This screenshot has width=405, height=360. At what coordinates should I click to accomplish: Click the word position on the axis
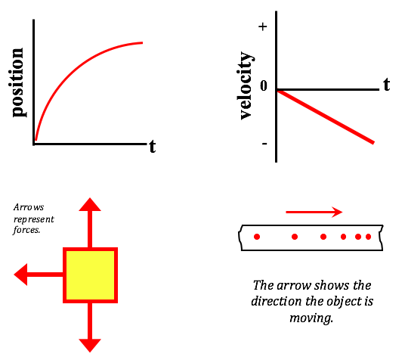pyautogui.click(x=19, y=82)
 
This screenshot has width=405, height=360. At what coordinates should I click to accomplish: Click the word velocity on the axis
pyautogui.click(x=246, y=85)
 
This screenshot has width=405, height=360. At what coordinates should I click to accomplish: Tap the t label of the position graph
pyautogui.click(x=153, y=147)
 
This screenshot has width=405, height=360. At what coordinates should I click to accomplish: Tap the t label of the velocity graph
pyautogui.click(x=386, y=84)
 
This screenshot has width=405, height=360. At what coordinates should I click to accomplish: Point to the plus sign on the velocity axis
pyautogui.click(x=263, y=26)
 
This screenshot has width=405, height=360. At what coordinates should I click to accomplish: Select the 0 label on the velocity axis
pyautogui.click(x=264, y=85)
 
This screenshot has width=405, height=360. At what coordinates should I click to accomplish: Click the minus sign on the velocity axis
pyautogui.click(x=264, y=143)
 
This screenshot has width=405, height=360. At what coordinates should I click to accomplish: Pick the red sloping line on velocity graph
pyautogui.click(x=325, y=116)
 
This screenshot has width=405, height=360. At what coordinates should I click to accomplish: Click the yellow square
pyautogui.click(x=90, y=275)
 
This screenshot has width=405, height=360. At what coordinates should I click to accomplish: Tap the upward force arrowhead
pyautogui.click(x=90, y=204)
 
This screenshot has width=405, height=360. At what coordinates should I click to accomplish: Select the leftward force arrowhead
pyautogui.click(x=20, y=275)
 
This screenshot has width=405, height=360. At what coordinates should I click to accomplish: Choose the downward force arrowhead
pyautogui.click(x=90, y=346)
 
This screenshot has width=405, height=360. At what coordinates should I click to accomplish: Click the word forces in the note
pyautogui.click(x=26, y=230)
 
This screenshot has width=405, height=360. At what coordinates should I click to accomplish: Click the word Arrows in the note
pyautogui.click(x=29, y=207)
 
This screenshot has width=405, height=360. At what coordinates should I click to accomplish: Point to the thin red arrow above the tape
pyautogui.click(x=314, y=212)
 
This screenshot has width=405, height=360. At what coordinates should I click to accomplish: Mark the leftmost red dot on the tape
pyautogui.click(x=257, y=237)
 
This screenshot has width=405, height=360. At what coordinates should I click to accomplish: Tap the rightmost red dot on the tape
pyautogui.click(x=368, y=237)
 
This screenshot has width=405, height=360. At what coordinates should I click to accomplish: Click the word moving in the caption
pyautogui.click(x=311, y=318)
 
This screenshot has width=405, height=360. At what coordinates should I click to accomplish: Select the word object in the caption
pyautogui.click(x=341, y=302)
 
